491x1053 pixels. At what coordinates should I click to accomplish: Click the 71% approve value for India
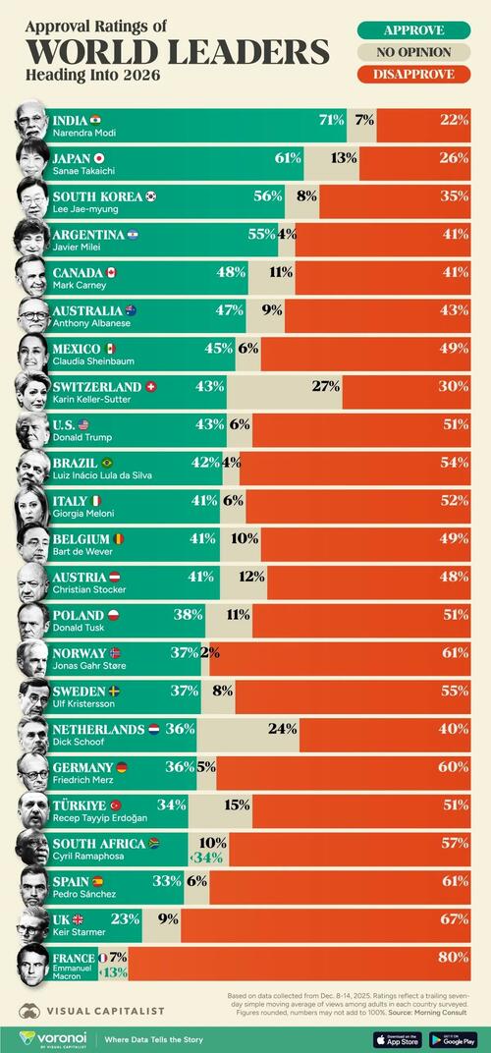[331, 120]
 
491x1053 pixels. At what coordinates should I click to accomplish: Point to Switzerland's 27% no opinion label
[325, 387]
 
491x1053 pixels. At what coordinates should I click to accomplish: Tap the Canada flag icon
[111, 272]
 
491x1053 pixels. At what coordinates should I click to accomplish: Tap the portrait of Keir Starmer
[31, 924]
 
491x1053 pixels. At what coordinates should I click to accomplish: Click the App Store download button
[397, 1038]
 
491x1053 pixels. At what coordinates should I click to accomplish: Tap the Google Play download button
[453, 1038]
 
